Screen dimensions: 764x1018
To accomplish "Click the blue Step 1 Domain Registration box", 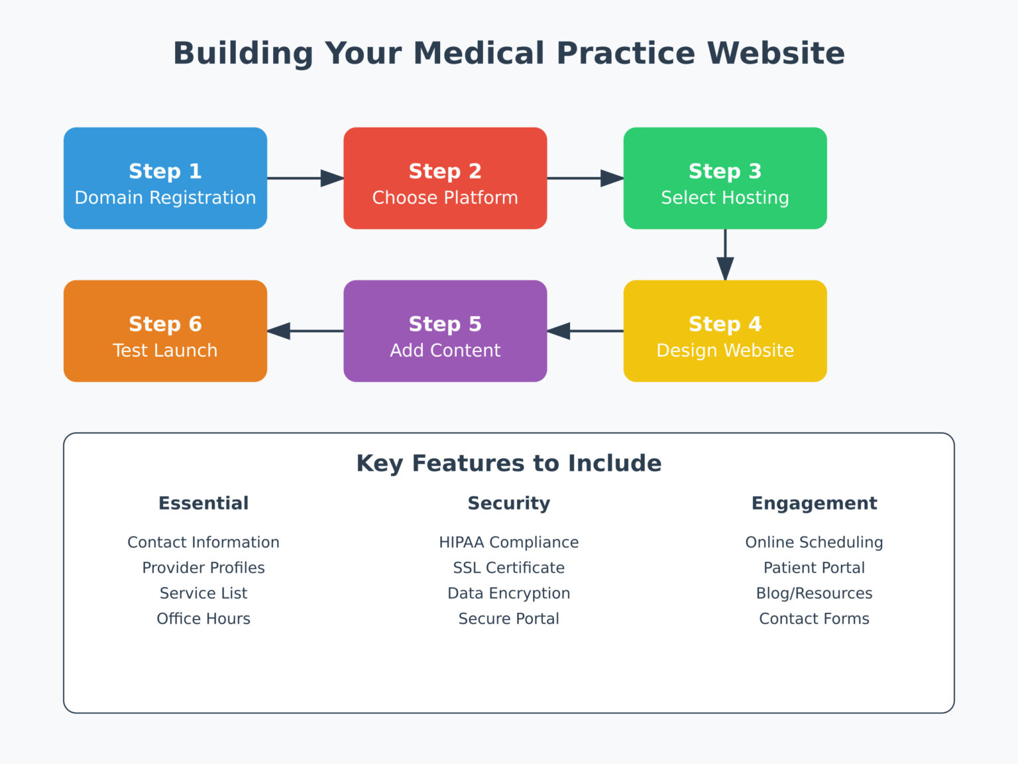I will point(165,178).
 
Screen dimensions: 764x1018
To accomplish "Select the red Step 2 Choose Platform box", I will point(445,178).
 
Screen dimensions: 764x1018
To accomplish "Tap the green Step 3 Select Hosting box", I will point(724,178).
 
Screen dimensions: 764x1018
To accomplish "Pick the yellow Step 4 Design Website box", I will point(724,331).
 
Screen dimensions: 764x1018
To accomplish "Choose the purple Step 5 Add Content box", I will point(445,331).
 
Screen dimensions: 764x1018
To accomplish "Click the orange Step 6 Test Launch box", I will point(165,331).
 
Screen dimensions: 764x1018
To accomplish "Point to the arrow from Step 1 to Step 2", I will point(305,178).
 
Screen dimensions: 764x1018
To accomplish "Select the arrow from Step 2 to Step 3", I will point(585,178).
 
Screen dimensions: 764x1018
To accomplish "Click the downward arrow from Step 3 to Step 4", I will point(725,255).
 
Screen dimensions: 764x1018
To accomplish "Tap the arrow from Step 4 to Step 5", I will point(585,331).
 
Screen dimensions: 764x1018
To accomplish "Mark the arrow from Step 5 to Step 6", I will point(306,331).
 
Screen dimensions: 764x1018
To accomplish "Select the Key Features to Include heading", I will point(508,463).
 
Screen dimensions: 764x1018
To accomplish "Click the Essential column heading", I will point(203,503).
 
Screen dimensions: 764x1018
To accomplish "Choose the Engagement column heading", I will point(814,503).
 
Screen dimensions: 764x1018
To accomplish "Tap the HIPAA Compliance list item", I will point(508,542).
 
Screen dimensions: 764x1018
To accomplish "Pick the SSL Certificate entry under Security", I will point(508,568).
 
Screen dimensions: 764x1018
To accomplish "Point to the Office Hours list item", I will point(203,619).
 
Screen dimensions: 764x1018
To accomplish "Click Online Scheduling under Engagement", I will point(814,542).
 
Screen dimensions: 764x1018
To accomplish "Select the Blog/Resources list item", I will point(814,594).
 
